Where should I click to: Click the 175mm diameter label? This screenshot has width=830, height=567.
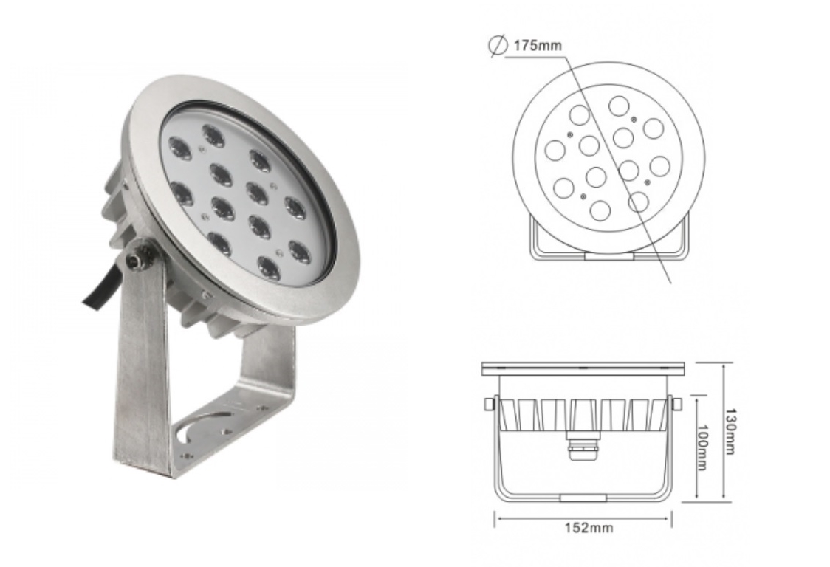pos(537,46)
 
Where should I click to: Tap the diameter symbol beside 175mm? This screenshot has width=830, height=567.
pos(496,46)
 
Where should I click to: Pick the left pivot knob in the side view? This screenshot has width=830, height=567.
pos(488,404)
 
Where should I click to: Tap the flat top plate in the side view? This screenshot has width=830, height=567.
pos(583,368)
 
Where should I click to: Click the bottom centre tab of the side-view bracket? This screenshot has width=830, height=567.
pos(583,498)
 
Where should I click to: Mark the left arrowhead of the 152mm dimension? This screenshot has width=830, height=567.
pos(497,517)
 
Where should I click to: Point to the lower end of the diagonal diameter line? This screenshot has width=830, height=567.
pos(670,281)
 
